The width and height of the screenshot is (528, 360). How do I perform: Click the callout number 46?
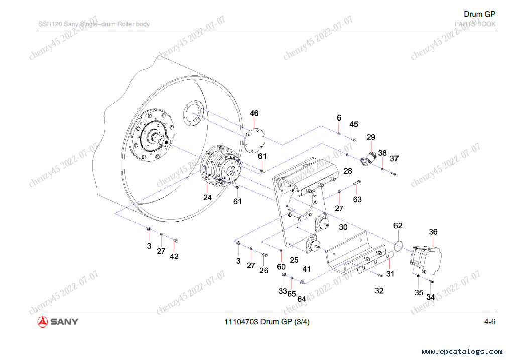tap(254, 113)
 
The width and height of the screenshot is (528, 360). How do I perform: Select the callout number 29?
tap(371, 137)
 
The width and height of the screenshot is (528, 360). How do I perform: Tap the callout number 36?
tap(433, 232)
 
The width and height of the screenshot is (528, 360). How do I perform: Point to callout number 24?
tap(208, 198)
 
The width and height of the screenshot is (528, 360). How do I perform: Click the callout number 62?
tap(398, 226)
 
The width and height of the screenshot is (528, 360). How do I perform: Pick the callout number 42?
tap(174, 256)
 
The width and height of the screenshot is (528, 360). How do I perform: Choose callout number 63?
tap(357, 199)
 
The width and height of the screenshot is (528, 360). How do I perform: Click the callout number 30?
tap(343, 227)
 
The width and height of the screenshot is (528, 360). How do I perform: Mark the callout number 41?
tap(307, 269)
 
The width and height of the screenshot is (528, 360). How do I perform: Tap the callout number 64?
tap(301, 299)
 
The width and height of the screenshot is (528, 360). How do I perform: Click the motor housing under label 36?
tap(428, 260)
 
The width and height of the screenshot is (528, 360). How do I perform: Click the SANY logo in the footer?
tap(58, 322)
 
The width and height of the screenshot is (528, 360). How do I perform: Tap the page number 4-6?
tap(489, 322)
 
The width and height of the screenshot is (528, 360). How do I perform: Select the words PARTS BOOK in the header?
tap(475, 24)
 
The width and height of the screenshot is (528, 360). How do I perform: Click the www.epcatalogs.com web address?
tap(462, 352)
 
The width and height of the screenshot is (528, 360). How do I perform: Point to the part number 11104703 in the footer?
tap(242, 322)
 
